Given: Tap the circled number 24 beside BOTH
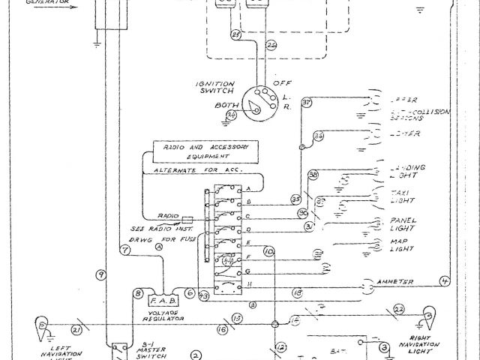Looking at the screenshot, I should click(x=232, y=115).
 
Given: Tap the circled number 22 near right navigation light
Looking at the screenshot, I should click(x=398, y=309).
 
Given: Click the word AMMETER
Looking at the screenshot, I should click(x=396, y=282).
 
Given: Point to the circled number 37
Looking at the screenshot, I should click(x=306, y=103).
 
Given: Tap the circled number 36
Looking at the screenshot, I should click(x=318, y=136).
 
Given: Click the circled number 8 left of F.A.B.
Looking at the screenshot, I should click(x=138, y=293).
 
